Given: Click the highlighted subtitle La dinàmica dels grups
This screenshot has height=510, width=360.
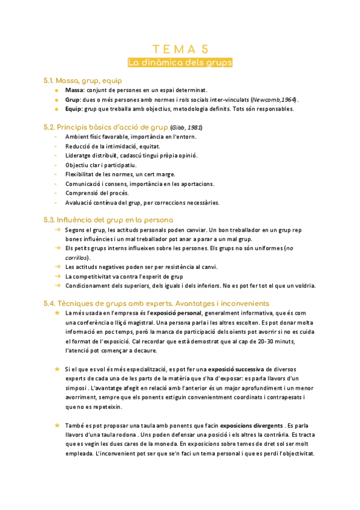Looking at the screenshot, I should tap(180, 63).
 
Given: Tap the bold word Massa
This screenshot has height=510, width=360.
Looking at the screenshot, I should tap(75, 90).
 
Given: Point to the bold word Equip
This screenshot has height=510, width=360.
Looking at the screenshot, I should tap(74, 109).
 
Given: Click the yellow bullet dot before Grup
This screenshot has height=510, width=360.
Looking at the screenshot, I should tap(56, 100).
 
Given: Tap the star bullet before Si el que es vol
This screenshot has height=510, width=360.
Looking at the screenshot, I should tap(56, 369).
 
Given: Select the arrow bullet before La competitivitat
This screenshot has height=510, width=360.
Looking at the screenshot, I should tap(56, 276).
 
